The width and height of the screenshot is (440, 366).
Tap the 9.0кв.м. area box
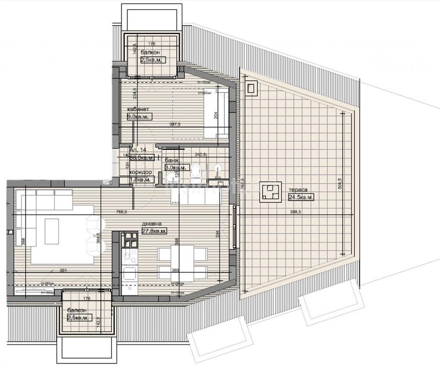click(139, 117)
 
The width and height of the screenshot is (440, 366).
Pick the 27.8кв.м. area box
click(155, 230)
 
